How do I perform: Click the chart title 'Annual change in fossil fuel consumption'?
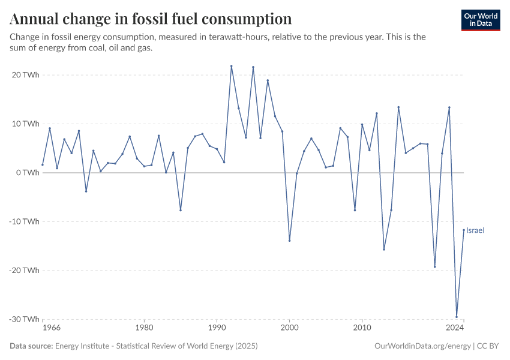[151, 19]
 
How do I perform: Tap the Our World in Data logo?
[481, 20]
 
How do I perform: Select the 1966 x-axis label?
[52, 328]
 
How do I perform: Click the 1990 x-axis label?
[217, 328]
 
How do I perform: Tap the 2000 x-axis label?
[289, 328]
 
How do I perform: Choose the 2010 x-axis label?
[362, 328]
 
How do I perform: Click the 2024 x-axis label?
[455, 328]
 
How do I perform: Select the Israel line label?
[475, 230]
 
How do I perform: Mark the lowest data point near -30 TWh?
[457, 317]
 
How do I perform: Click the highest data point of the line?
[232, 66]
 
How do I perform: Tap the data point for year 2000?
[289, 241]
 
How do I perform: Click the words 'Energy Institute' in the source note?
[80, 346]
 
